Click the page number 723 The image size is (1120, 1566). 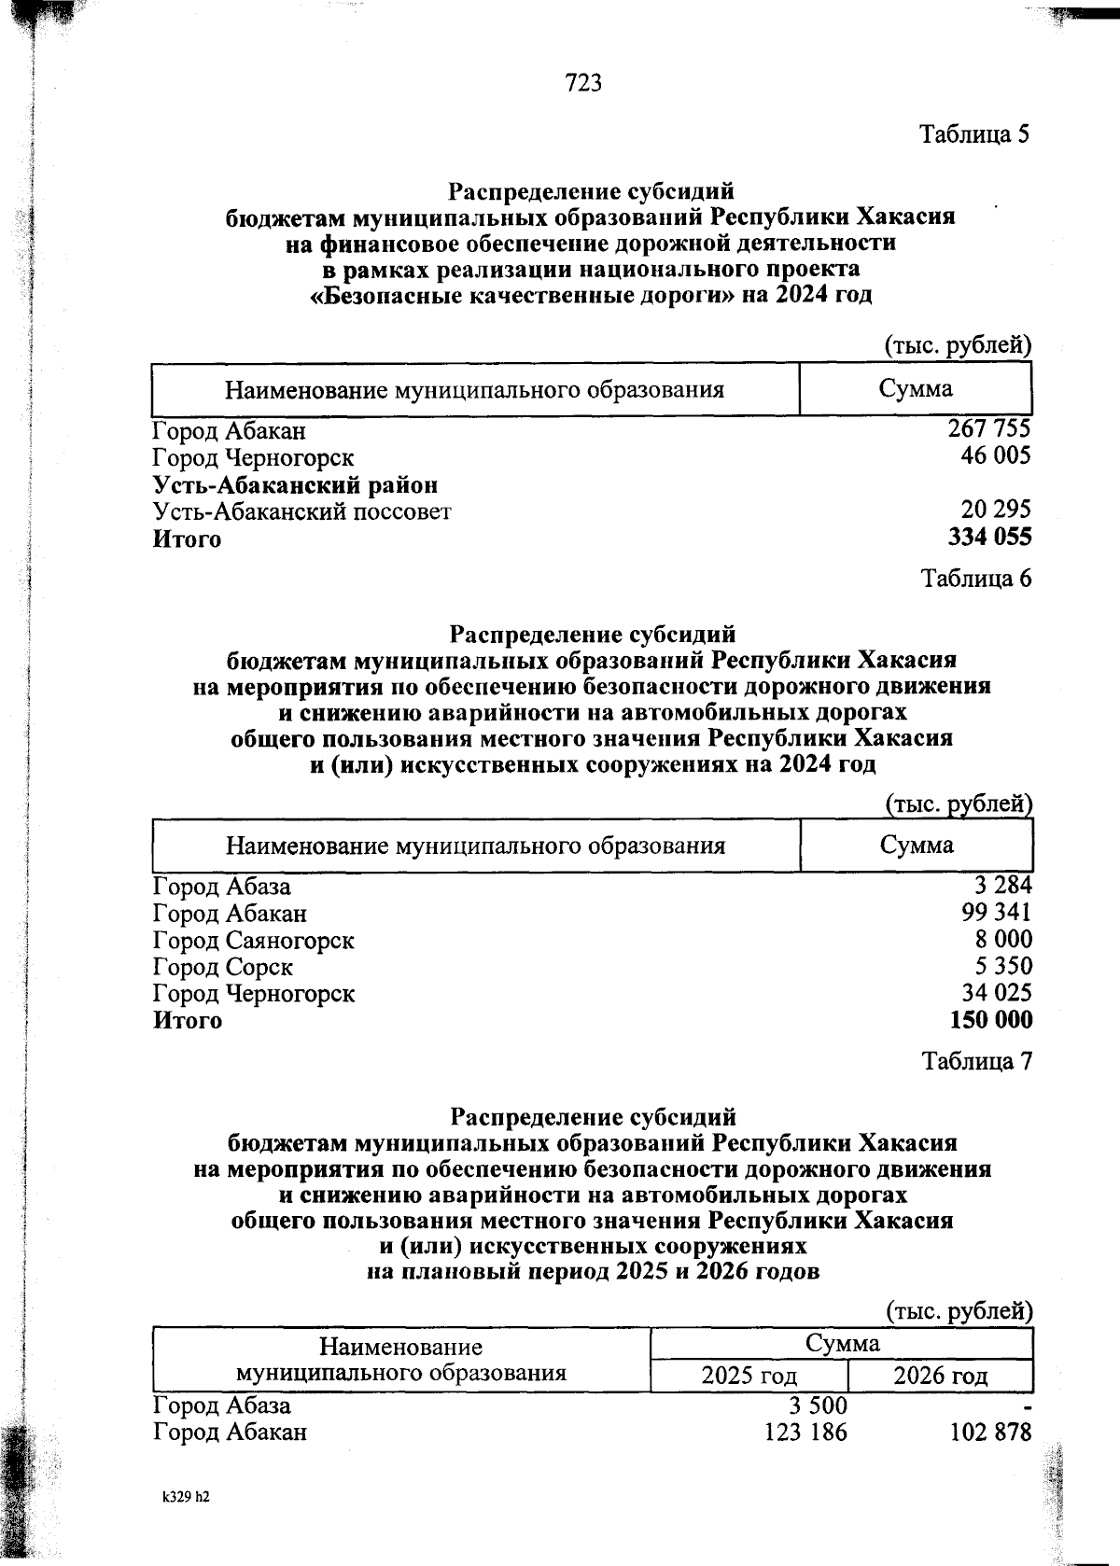583,84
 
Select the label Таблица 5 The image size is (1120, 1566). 974,134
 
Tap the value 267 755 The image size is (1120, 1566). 988,429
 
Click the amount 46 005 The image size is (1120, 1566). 996,455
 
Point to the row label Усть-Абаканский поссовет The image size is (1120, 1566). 302,511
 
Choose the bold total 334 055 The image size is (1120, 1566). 989,537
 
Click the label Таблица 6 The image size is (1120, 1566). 976,579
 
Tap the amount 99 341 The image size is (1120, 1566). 996,912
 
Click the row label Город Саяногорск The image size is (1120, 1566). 254,940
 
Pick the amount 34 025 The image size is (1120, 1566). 996,993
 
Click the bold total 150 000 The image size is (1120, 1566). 990,1020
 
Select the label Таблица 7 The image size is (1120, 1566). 976,1061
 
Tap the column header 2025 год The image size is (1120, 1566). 749,1376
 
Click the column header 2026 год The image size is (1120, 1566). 940,1376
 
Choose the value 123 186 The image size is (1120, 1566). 805,1432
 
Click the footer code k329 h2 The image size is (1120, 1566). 186,1496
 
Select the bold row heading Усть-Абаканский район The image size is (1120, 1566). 295,485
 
